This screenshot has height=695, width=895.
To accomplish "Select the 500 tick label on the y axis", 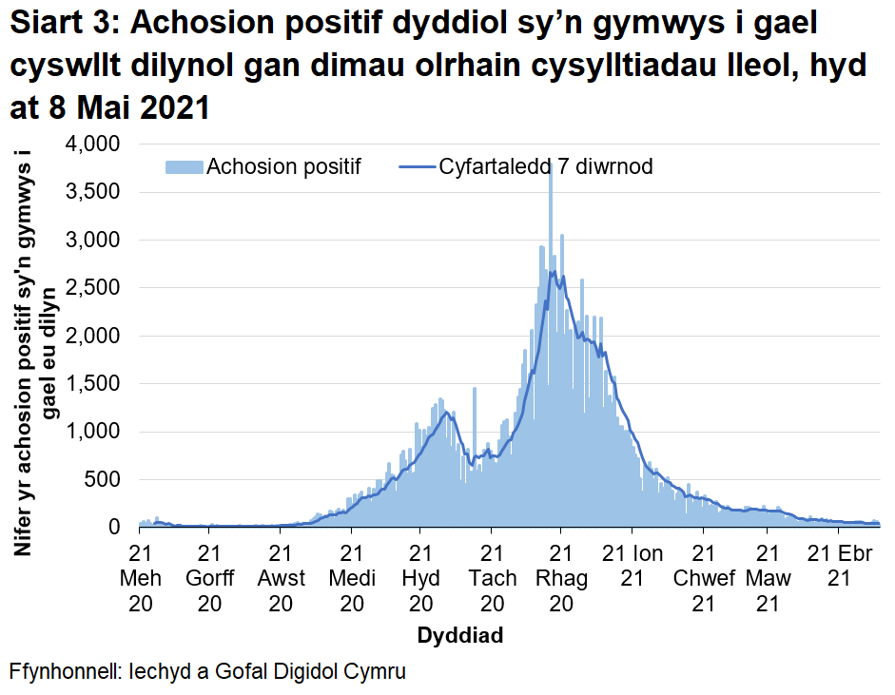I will (100, 479).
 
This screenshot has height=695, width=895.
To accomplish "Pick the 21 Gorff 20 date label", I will (209, 578).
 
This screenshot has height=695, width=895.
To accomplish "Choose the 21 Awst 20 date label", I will (280, 578).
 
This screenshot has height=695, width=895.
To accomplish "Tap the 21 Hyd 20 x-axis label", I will (420, 578).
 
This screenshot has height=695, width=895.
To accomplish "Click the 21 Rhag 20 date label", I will (561, 578).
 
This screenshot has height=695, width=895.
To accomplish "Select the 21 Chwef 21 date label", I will (702, 578).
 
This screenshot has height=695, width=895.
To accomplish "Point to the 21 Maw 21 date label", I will (768, 578).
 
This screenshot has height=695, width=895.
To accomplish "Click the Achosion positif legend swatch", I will (185, 167).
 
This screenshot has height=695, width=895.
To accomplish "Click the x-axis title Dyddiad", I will (460, 634).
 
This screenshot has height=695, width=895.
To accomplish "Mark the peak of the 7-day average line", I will (554, 272).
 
